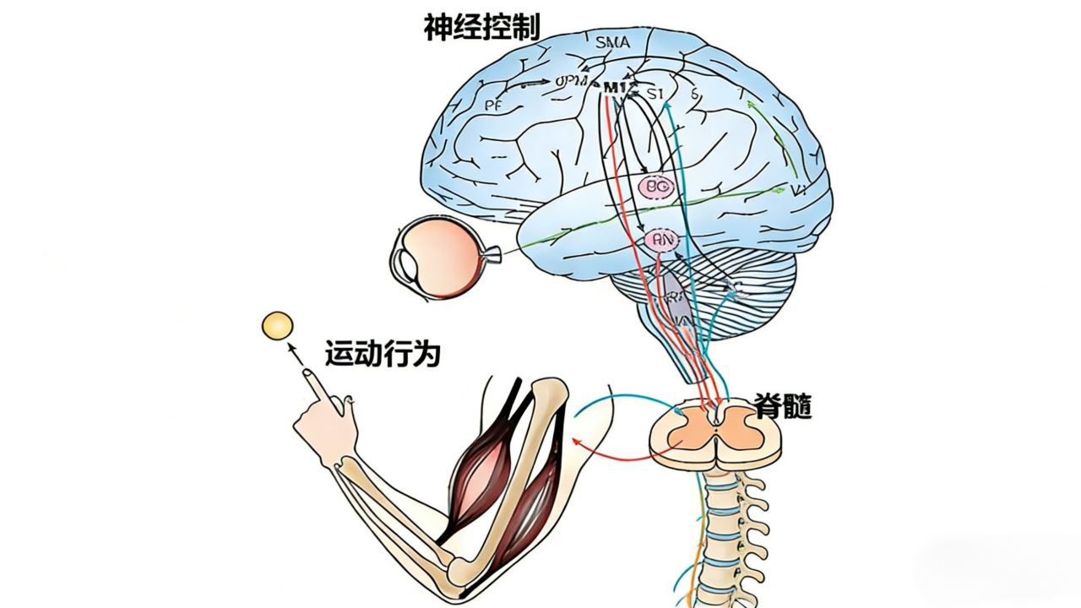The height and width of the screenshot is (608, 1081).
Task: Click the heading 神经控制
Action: (481, 27)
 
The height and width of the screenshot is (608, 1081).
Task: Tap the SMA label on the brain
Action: (613, 42)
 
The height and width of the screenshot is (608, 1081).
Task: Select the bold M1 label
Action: (614, 87)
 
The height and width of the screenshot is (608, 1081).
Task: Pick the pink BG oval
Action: (655, 187)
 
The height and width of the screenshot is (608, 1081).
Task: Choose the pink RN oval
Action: (660, 242)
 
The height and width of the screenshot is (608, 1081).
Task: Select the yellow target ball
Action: (277, 326)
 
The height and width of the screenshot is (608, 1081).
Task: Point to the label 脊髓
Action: (785, 408)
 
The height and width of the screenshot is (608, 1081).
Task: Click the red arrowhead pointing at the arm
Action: (577, 441)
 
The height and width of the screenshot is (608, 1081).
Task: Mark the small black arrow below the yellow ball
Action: (294, 353)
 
